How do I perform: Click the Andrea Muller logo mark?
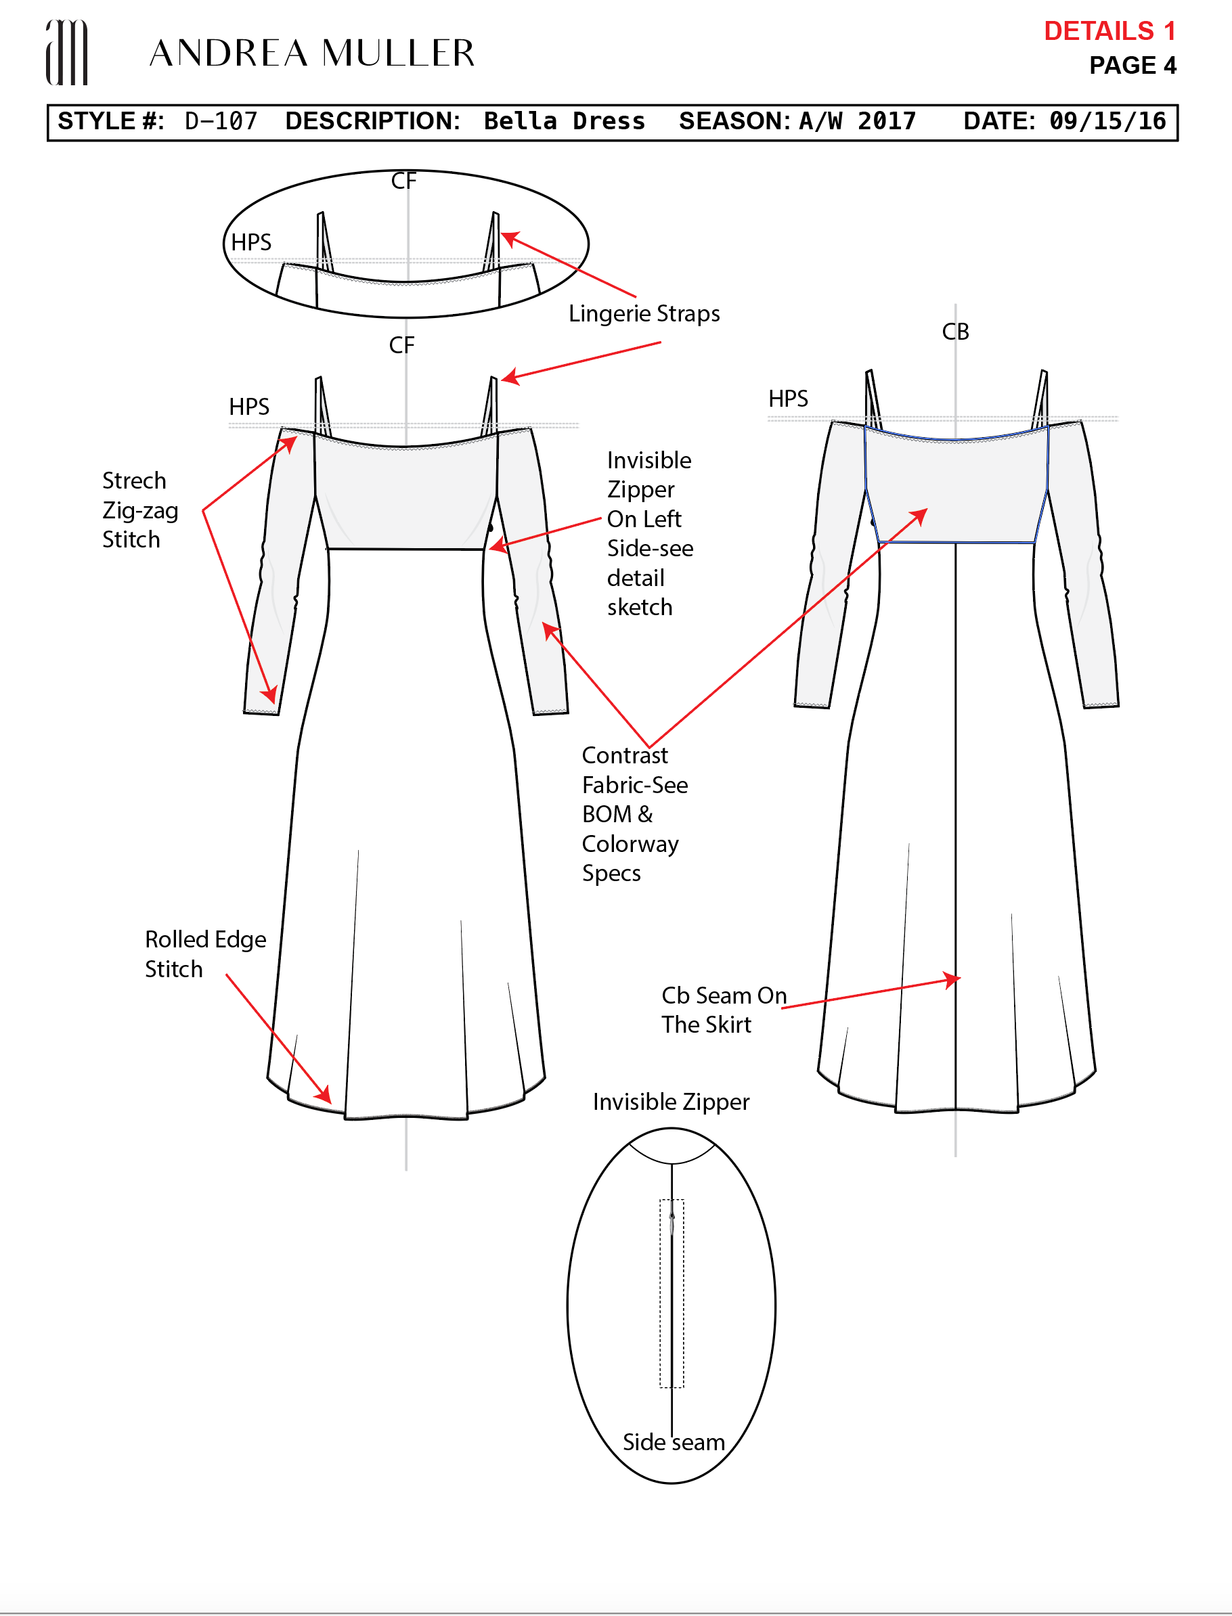pos(67,52)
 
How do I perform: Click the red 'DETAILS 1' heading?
pos(1109,31)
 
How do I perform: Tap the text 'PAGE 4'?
pos(1132,65)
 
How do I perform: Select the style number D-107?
pos(221,121)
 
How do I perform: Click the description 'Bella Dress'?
pos(564,121)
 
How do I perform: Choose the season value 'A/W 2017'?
pos(856,121)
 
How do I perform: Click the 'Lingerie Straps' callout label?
pos(644,314)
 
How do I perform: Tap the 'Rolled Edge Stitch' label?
pos(204,954)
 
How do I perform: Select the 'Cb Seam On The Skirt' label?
pos(723,1010)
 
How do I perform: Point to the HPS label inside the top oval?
pos(250,243)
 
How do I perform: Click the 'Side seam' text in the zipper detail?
pos(673,1442)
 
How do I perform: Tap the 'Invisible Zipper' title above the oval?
pos(671,1102)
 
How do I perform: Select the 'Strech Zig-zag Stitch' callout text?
pos(139,510)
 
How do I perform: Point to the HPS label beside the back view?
pos(788,399)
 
